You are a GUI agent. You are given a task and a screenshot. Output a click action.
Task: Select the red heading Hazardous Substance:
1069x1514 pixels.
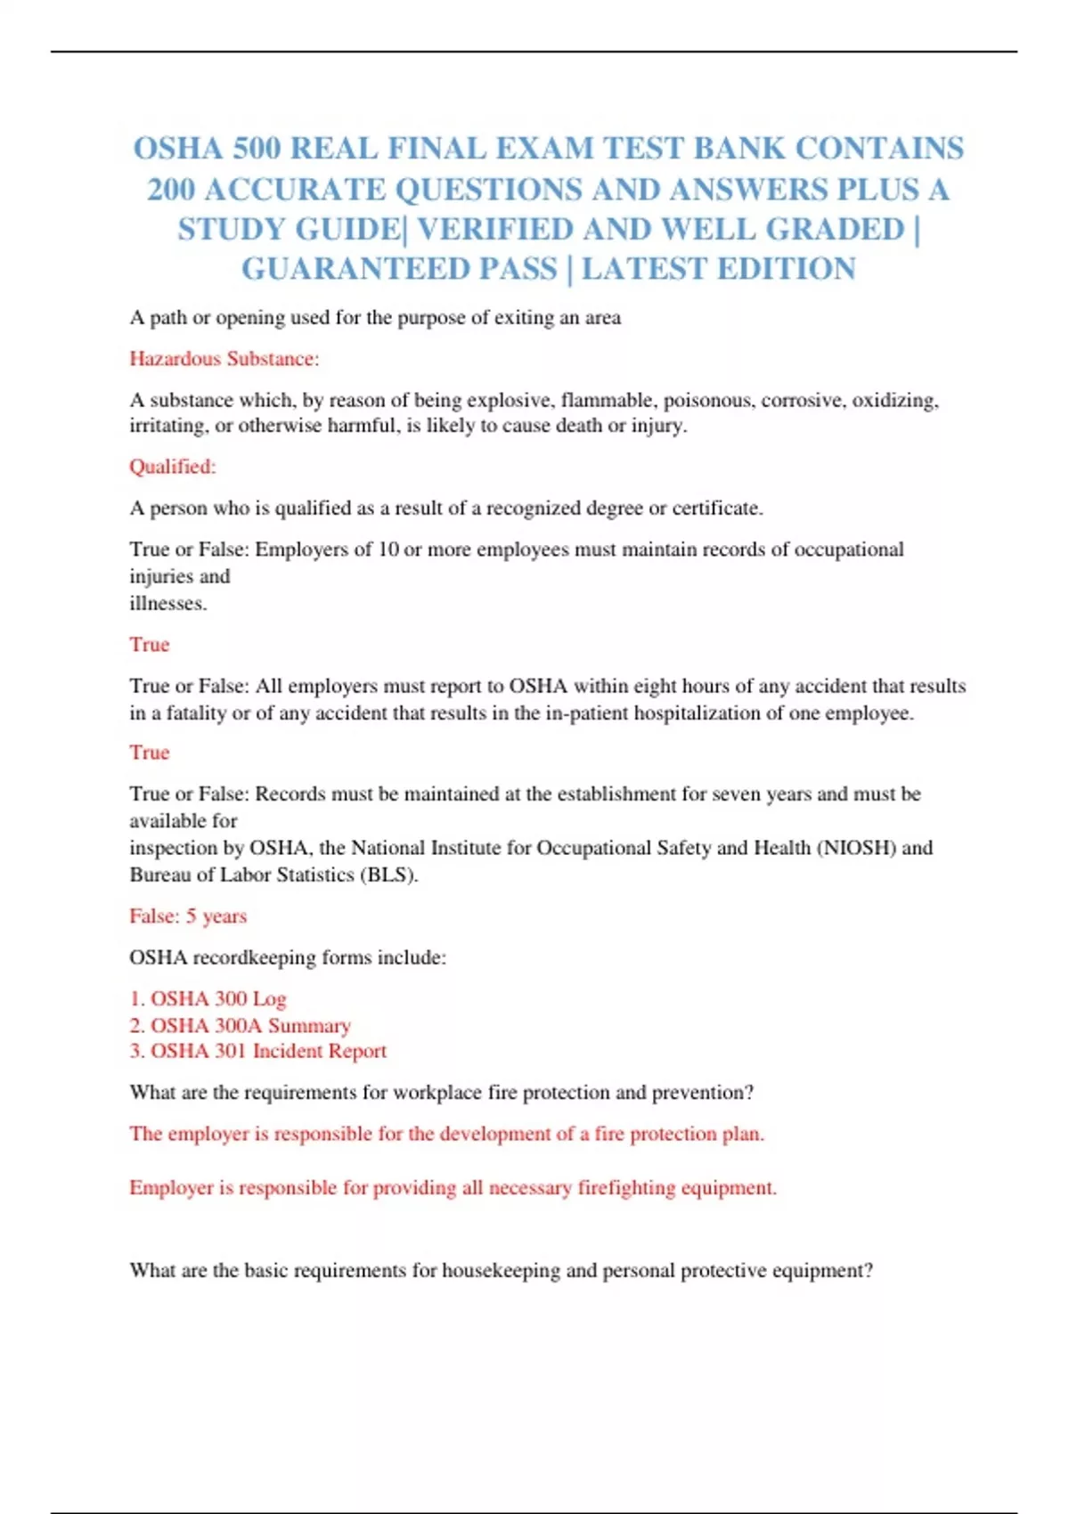coord(224,359)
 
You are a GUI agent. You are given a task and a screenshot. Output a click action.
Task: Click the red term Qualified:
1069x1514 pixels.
coord(173,467)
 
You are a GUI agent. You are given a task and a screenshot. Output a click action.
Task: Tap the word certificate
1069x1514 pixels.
coord(717,509)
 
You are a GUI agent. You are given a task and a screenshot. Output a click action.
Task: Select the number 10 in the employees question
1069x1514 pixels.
coord(388,549)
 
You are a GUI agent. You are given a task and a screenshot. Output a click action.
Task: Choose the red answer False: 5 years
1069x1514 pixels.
coord(188,916)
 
